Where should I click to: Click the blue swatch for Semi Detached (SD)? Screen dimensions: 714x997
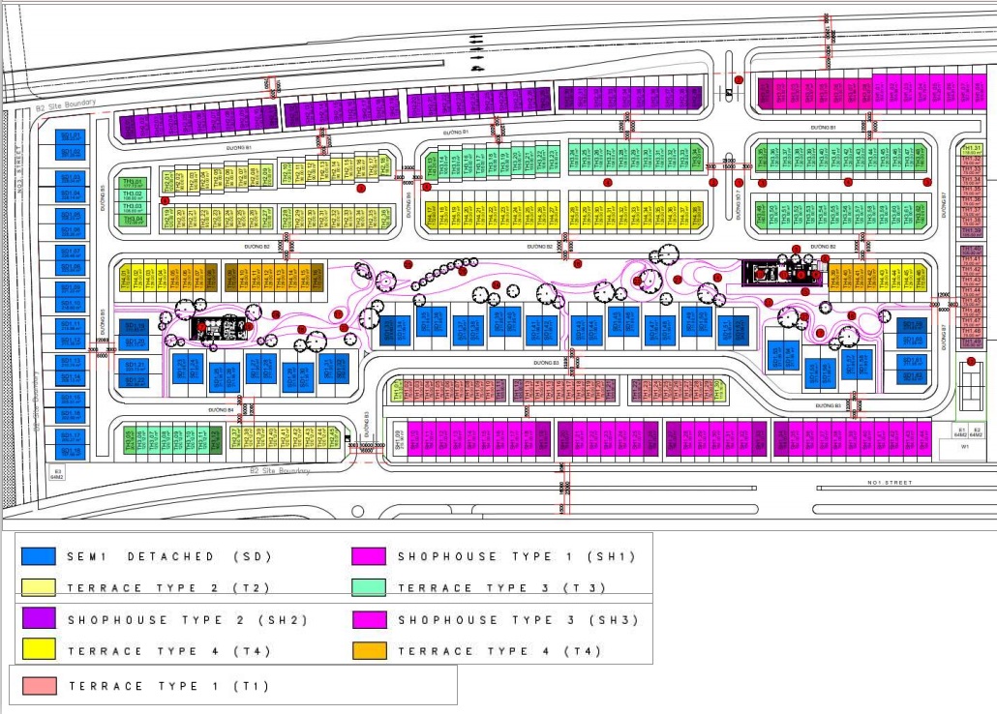tap(39, 556)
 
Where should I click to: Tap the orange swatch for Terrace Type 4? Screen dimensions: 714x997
tap(370, 651)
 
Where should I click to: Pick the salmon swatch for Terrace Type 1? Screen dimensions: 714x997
tap(40, 686)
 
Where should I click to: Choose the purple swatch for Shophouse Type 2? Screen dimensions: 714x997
tap(39, 619)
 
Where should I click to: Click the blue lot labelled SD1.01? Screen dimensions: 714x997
tap(71, 136)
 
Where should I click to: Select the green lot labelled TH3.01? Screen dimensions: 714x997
tap(132, 183)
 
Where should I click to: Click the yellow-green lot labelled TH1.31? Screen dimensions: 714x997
tap(971, 148)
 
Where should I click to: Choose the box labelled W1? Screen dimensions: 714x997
tap(965, 447)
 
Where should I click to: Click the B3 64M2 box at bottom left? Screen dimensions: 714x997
tap(56, 473)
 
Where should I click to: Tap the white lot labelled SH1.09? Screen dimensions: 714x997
tap(398, 440)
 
